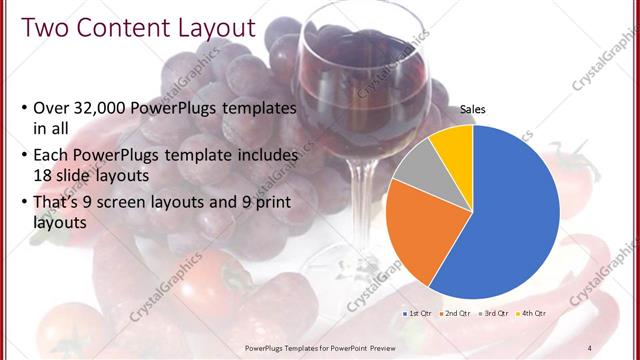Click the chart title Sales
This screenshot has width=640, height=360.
tap(472, 111)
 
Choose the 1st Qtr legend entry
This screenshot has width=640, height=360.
tap(417, 314)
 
